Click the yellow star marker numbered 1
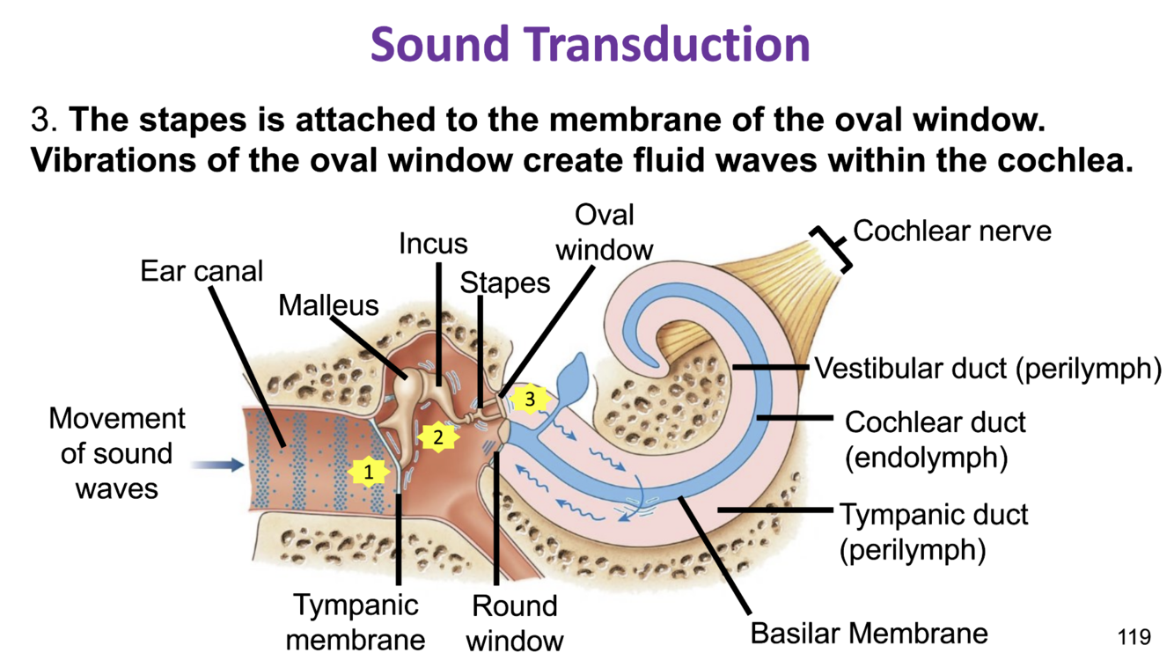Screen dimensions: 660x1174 click(x=369, y=473)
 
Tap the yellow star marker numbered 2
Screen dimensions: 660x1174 click(x=437, y=436)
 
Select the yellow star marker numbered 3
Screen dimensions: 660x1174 click(x=530, y=399)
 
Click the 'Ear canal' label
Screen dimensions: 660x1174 click(x=202, y=271)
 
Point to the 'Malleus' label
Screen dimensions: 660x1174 click(x=328, y=305)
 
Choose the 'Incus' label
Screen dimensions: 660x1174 click(x=433, y=243)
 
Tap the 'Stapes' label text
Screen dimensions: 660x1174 click(x=505, y=282)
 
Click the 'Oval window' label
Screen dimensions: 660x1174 click(x=605, y=232)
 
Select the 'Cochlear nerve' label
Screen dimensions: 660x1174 click(x=952, y=231)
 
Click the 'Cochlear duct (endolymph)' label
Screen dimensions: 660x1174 click(x=935, y=439)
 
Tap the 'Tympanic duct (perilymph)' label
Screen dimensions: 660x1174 click(x=933, y=532)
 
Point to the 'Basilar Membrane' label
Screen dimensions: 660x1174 click(x=869, y=633)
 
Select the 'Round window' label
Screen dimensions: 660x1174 click(x=514, y=622)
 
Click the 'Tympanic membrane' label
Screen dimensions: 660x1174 click(x=356, y=621)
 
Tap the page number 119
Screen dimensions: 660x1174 click(x=1134, y=636)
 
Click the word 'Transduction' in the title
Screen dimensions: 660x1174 click(x=669, y=44)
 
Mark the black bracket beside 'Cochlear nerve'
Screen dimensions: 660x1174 click(x=833, y=248)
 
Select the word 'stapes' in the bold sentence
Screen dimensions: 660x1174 click(x=180, y=119)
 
